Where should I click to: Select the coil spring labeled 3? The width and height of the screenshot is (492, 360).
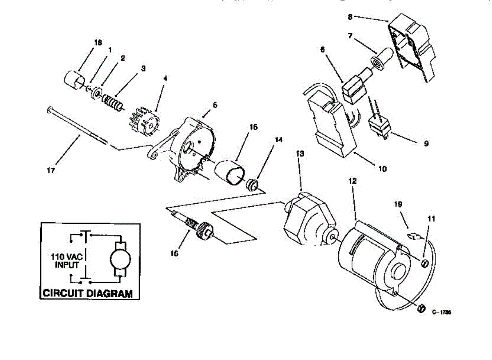point(113,102)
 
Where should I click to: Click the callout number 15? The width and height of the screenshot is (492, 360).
point(253,127)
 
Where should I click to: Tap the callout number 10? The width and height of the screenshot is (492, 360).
point(382,168)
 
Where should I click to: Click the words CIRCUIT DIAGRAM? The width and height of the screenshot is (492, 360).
point(88,294)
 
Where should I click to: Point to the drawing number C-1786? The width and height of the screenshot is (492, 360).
point(441,312)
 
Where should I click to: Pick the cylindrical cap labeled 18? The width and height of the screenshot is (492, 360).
point(77,79)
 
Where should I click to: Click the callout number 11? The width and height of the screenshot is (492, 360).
point(431,219)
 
